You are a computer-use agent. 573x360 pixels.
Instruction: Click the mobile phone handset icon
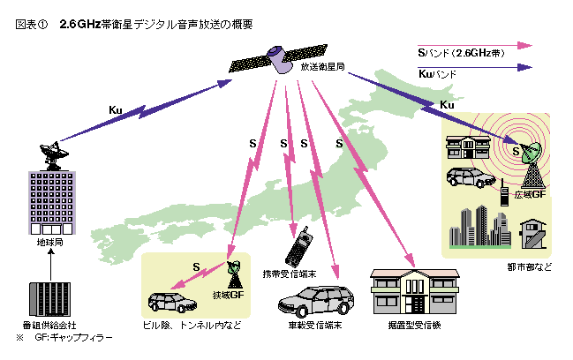pyautogui.click(x=301, y=242)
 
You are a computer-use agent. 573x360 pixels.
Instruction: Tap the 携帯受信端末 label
pyautogui.click(x=290, y=269)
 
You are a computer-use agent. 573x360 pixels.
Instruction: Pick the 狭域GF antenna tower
pyautogui.click(x=234, y=274)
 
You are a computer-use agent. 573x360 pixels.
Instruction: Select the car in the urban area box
pyautogui.click(x=471, y=176)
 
